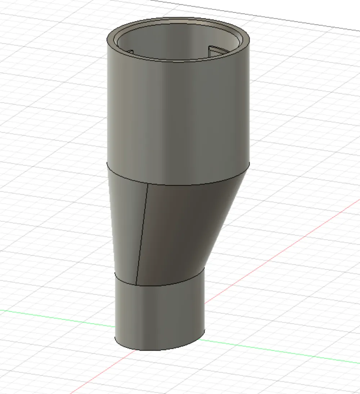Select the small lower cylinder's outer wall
[x=158, y=313]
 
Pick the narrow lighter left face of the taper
[x=126, y=223]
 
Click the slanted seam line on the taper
[x=142, y=234]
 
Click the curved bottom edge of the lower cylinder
[x=158, y=350]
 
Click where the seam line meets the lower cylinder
[x=136, y=284]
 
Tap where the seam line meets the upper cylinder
[x=149, y=183]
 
